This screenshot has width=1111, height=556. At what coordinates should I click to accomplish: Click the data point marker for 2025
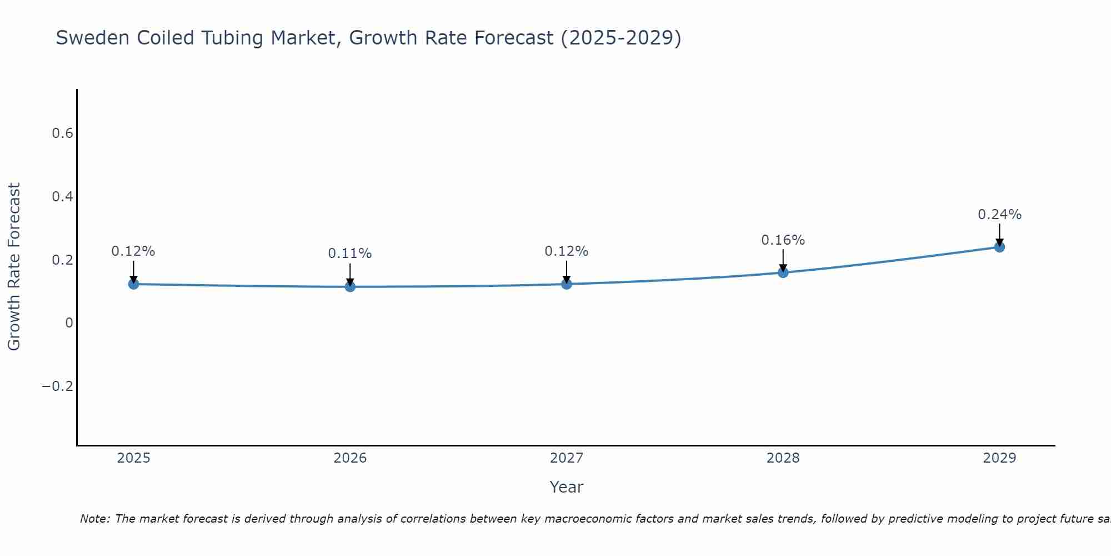[x=133, y=284]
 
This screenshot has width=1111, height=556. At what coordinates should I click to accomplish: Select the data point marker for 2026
[x=350, y=286]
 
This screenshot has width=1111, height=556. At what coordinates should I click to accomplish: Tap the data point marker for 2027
[x=567, y=284]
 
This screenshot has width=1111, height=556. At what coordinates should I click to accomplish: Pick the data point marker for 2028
[x=783, y=272]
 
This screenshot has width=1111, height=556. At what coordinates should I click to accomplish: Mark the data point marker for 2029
[x=999, y=247]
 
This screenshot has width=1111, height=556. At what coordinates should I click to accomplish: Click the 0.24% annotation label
[x=999, y=215]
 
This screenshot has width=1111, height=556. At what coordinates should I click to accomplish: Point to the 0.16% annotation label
[x=783, y=240]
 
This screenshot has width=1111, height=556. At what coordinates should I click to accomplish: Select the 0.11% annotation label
[x=350, y=254]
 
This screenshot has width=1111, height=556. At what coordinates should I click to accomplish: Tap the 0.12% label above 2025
[x=133, y=251]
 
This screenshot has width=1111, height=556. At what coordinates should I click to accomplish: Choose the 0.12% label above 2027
[x=567, y=251]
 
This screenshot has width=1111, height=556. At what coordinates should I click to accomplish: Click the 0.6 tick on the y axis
[x=62, y=133]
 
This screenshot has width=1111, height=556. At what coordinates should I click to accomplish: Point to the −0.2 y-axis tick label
[x=58, y=386]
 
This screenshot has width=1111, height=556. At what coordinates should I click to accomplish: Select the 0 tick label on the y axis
[x=69, y=323]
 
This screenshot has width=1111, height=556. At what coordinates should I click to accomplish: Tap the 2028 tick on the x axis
[x=783, y=458]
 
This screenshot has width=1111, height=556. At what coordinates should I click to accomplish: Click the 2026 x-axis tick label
[x=350, y=458]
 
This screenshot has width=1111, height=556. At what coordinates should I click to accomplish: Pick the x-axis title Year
[x=566, y=487]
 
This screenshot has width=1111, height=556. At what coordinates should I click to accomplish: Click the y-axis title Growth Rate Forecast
[x=14, y=267]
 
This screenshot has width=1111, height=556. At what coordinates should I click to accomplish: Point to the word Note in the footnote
[x=94, y=519]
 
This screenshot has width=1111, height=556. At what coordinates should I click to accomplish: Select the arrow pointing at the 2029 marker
[x=999, y=235]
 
